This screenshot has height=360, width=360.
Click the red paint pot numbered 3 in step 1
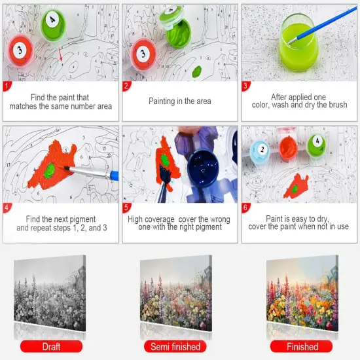(x=20, y=48)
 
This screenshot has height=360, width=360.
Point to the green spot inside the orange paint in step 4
(x=50, y=171)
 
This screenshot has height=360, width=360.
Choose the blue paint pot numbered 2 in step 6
(x=260, y=151)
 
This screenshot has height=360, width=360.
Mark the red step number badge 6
(x=247, y=208)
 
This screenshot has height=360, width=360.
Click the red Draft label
(x=51, y=346)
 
